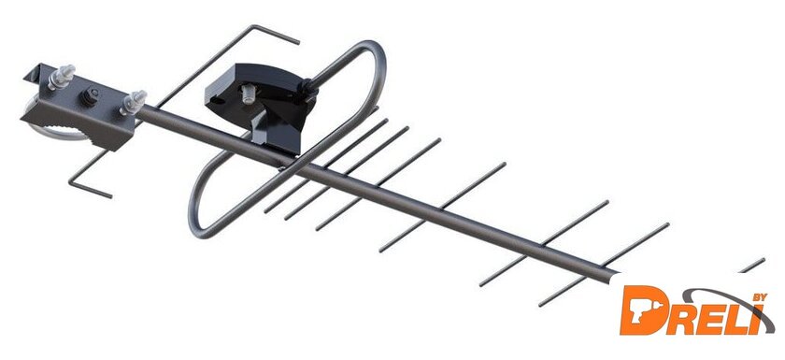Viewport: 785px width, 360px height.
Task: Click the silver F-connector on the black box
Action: tap(248, 94)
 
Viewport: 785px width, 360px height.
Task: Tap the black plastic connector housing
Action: tap(261, 104)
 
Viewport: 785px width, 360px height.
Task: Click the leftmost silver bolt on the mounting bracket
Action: tap(61, 76)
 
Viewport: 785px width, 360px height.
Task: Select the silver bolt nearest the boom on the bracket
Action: tap(132, 102)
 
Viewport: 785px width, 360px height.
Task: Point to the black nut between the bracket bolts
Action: tap(93, 95)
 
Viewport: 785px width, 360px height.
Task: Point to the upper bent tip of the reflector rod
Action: tap(276, 35)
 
